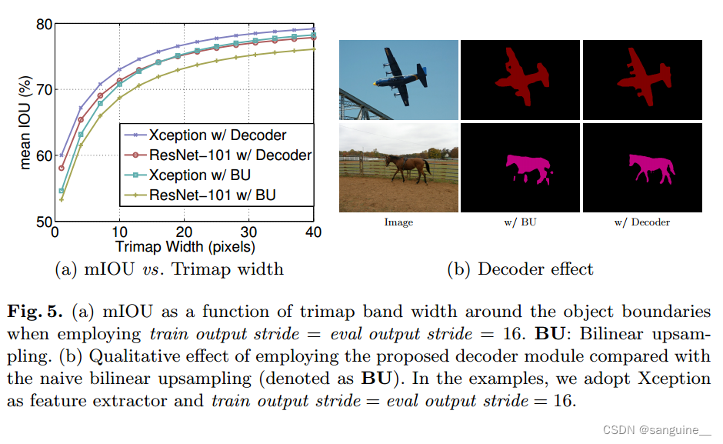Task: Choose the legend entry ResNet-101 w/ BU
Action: click(213, 195)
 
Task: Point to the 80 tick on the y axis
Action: click(43, 24)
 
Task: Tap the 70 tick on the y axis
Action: click(43, 90)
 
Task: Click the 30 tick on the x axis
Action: click(248, 233)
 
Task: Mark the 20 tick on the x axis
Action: click(184, 233)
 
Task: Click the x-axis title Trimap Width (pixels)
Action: click(185, 247)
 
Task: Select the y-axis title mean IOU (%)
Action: click(25, 123)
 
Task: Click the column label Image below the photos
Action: click(398, 222)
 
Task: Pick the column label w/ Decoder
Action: click(641, 222)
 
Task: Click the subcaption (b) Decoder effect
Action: click(520, 269)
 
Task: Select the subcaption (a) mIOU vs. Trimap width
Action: click(169, 269)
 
